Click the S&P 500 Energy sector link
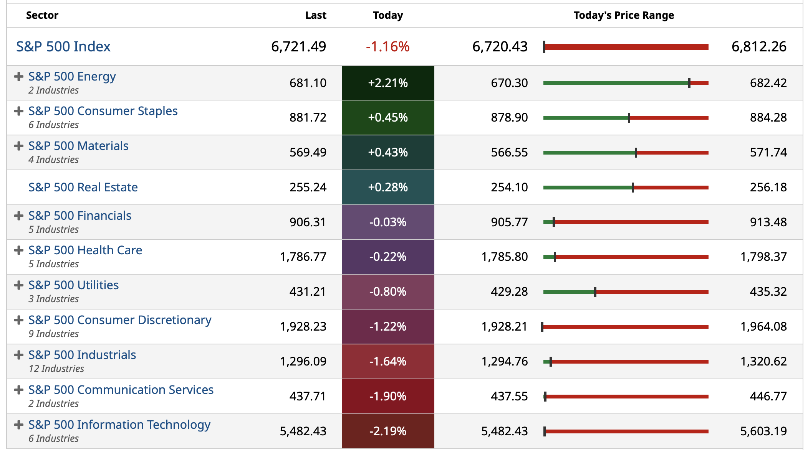[72, 77]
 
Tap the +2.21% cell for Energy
[388, 83]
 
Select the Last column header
[316, 15]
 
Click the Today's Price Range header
[624, 15]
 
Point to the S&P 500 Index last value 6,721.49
[298, 47]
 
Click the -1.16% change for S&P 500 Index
[387, 47]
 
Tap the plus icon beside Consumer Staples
[18, 111]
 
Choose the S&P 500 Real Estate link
[83, 187]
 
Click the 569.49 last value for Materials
[308, 152]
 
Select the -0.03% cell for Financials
[388, 222]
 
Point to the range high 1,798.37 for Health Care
[763, 257]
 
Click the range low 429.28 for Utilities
[509, 291]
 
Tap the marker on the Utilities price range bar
[595, 292]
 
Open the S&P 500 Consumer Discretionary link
[120, 320]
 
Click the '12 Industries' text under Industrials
[56, 369]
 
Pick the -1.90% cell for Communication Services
[388, 396]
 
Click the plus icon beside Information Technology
[18, 425]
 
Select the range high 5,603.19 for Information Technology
[763, 431]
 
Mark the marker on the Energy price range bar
[689, 83]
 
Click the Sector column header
[42, 15]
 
